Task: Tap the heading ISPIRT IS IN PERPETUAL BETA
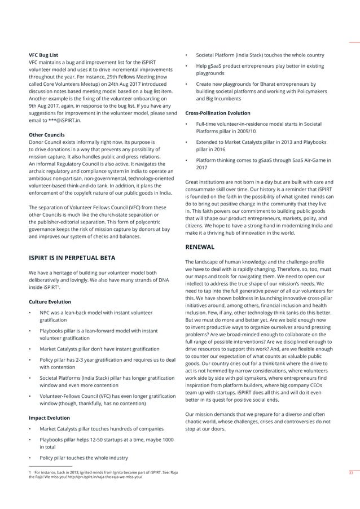[72, 258]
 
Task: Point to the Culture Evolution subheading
[50, 302]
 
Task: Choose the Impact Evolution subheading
[49, 418]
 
